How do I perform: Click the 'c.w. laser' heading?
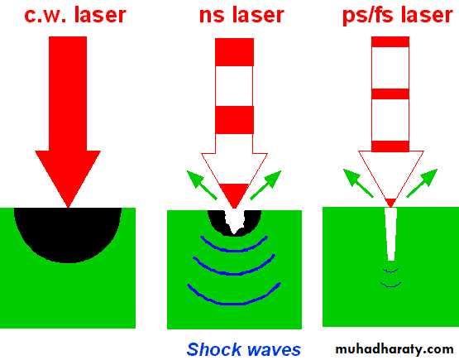pos(75,15)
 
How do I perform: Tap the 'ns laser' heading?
pos(241,15)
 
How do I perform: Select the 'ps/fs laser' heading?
pos(398,16)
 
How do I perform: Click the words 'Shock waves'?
pos(243,349)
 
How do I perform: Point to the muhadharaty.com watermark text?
pos(394,349)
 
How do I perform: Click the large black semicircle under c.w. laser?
pos(68,232)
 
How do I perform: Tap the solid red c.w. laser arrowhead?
pos(68,175)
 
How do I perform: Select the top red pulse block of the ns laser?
pos(235,52)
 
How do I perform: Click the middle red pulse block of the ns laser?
pos(235,120)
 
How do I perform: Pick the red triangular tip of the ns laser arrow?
pos(234,194)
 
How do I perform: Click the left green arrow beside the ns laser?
pos(201,185)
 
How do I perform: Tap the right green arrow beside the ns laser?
pos(265,185)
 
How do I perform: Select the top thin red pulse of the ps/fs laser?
pos(390,42)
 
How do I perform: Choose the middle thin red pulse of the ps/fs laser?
pos(390,94)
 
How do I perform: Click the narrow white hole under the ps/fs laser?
pos(391,234)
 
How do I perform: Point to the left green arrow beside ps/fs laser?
pos(358,183)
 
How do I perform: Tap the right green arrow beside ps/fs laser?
pos(422,183)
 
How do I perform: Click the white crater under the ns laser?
pos(234,221)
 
